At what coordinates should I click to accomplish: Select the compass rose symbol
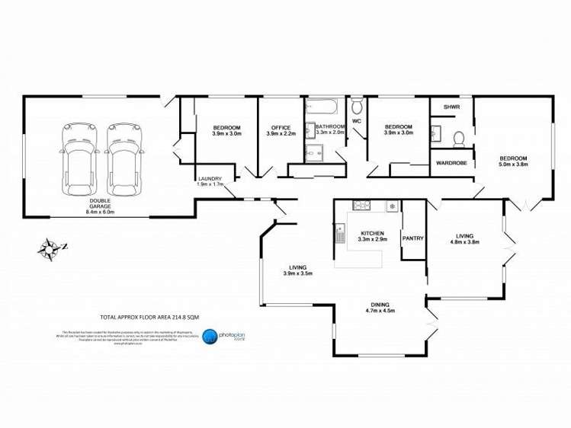point(51,247)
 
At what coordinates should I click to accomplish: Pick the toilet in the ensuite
point(458,138)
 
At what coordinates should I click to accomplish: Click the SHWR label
point(451,107)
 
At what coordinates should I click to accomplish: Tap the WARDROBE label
point(451,162)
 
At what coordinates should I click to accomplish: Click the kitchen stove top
point(361,205)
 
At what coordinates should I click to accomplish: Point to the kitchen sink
point(340,233)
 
